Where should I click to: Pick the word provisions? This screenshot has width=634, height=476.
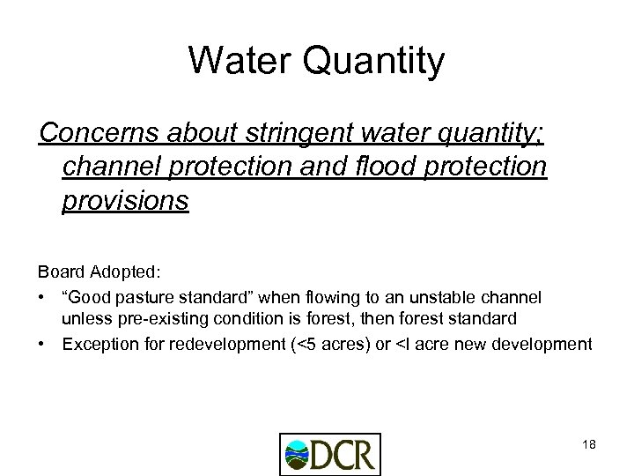pos(126,202)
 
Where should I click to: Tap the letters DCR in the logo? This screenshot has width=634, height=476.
pos(347,455)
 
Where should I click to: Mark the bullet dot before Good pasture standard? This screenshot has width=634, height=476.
pos(45,295)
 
